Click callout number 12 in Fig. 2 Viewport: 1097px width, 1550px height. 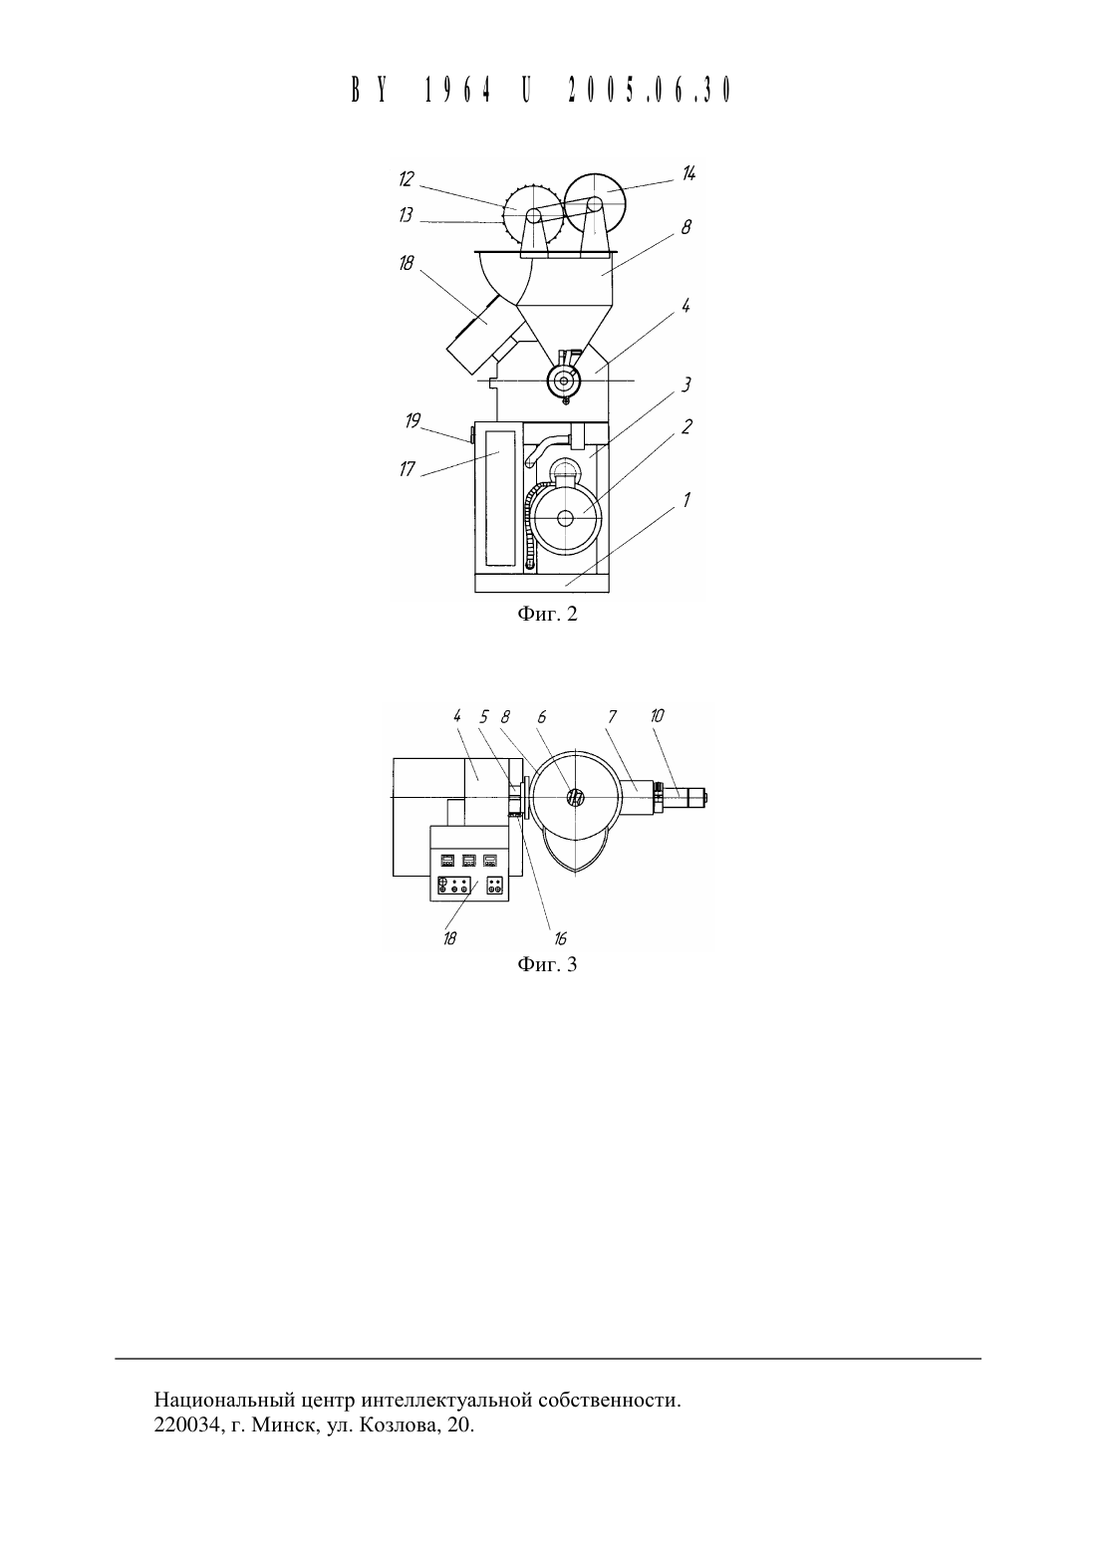(407, 179)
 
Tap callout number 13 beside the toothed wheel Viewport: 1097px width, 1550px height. (406, 215)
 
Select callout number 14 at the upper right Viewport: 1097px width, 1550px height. (687, 173)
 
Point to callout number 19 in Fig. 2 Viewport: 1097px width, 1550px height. (412, 420)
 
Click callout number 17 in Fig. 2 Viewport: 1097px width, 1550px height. (407, 469)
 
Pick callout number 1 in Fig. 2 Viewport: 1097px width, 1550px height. (686, 500)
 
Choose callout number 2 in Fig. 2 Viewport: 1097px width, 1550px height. (686, 427)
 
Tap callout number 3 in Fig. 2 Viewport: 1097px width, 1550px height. (686, 385)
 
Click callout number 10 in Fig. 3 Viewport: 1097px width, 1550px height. (657, 716)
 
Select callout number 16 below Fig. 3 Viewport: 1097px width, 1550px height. (560, 938)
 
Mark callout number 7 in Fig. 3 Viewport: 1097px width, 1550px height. (612, 717)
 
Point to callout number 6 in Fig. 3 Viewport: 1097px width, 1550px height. (541, 717)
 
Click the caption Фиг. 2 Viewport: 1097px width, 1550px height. (547, 614)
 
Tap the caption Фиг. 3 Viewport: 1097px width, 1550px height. (547, 964)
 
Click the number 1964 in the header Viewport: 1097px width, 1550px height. (458, 90)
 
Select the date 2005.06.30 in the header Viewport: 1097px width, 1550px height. (650, 90)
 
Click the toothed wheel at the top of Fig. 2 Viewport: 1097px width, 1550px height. (529, 214)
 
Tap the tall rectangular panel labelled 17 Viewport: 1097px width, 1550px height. (500, 497)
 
